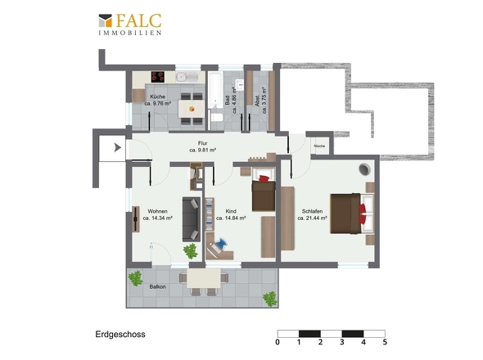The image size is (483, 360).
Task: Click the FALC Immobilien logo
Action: point(130,25)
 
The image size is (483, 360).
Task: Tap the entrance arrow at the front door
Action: point(117,148)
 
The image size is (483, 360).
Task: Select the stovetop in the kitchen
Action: point(158,77)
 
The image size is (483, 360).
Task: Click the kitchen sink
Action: point(187,77)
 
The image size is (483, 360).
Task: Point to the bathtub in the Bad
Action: point(215,90)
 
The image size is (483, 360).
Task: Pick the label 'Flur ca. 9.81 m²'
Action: point(202,146)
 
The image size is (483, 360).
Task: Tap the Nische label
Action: point(319,146)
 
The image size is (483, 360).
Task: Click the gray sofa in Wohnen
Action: point(192,219)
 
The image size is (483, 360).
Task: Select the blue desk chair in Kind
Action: point(221,243)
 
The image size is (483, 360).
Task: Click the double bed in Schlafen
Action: point(352,213)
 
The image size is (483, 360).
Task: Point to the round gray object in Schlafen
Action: point(365,169)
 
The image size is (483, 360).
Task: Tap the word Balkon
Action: point(157,286)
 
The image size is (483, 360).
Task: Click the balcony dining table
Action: point(204,278)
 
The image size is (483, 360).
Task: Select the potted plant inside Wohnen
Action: point(191,251)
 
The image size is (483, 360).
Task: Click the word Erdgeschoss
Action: point(120,335)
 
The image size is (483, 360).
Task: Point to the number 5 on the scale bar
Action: point(385,342)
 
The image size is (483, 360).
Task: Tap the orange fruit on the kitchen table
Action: point(192,109)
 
